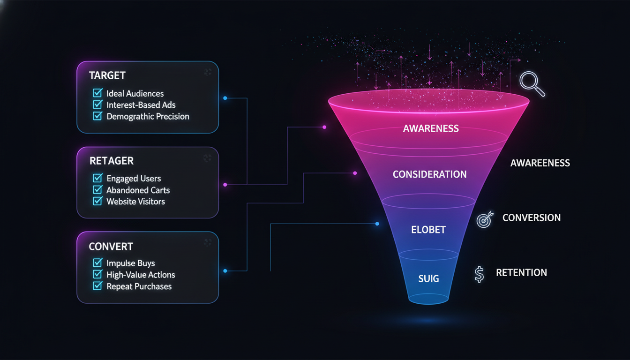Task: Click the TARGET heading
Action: pyautogui.click(x=107, y=75)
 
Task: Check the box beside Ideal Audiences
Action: pyautogui.click(x=97, y=93)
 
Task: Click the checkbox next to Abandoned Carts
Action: pyautogui.click(x=97, y=190)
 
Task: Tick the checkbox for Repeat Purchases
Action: pyautogui.click(x=97, y=286)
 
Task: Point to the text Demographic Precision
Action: pyautogui.click(x=148, y=116)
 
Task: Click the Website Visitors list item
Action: pyautogui.click(x=135, y=202)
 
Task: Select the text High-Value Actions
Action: pyautogui.click(x=141, y=275)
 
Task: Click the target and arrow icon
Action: pyautogui.click(x=485, y=219)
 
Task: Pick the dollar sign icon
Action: pyautogui.click(x=479, y=274)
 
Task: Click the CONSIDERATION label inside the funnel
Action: pyautogui.click(x=429, y=174)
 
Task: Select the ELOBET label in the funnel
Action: pyautogui.click(x=428, y=230)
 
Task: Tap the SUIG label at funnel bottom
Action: pyautogui.click(x=428, y=279)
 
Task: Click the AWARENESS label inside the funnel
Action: pyautogui.click(x=431, y=128)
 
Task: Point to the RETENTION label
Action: pyautogui.click(x=521, y=273)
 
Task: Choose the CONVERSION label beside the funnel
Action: pyautogui.click(x=531, y=218)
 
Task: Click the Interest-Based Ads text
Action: pyautogui.click(x=141, y=105)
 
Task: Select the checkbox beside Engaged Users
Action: pyautogui.click(x=97, y=178)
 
